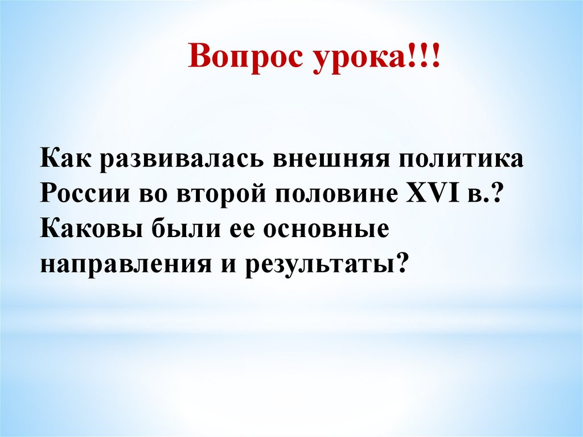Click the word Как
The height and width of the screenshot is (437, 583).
point(65,157)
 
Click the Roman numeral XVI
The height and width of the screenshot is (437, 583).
point(433,193)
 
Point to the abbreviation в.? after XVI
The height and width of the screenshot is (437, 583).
point(482,194)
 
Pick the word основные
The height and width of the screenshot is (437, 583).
point(326,231)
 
